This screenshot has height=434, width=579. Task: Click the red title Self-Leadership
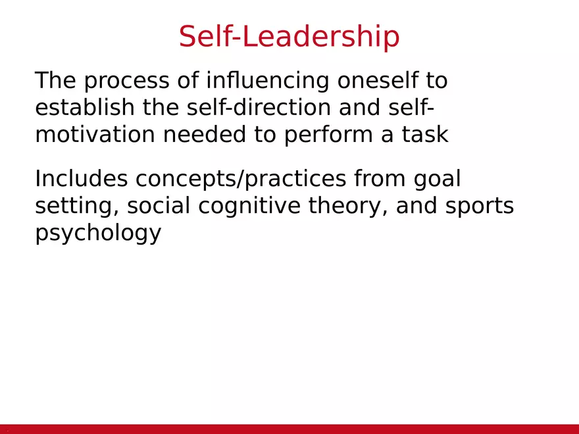point(289,36)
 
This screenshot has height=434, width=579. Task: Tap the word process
point(126,81)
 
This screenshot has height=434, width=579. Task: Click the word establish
point(85,107)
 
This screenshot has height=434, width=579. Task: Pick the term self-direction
point(259,107)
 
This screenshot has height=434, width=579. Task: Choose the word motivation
point(95,134)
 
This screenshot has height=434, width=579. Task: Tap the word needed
point(205,133)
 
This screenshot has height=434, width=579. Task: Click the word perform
point(328,135)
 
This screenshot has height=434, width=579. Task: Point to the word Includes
point(81,179)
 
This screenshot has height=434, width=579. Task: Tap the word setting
point(77,206)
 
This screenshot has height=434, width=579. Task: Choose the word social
point(159,205)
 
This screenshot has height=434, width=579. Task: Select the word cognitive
point(249,206)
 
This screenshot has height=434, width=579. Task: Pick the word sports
point(479,206)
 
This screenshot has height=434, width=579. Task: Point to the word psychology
point(98,233)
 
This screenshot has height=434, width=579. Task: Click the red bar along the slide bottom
point(289,429)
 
